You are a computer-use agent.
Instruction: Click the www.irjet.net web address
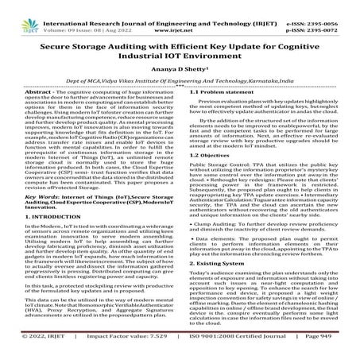click(x=179, y=16)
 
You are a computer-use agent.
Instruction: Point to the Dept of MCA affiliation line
click(x=180, y=82)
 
